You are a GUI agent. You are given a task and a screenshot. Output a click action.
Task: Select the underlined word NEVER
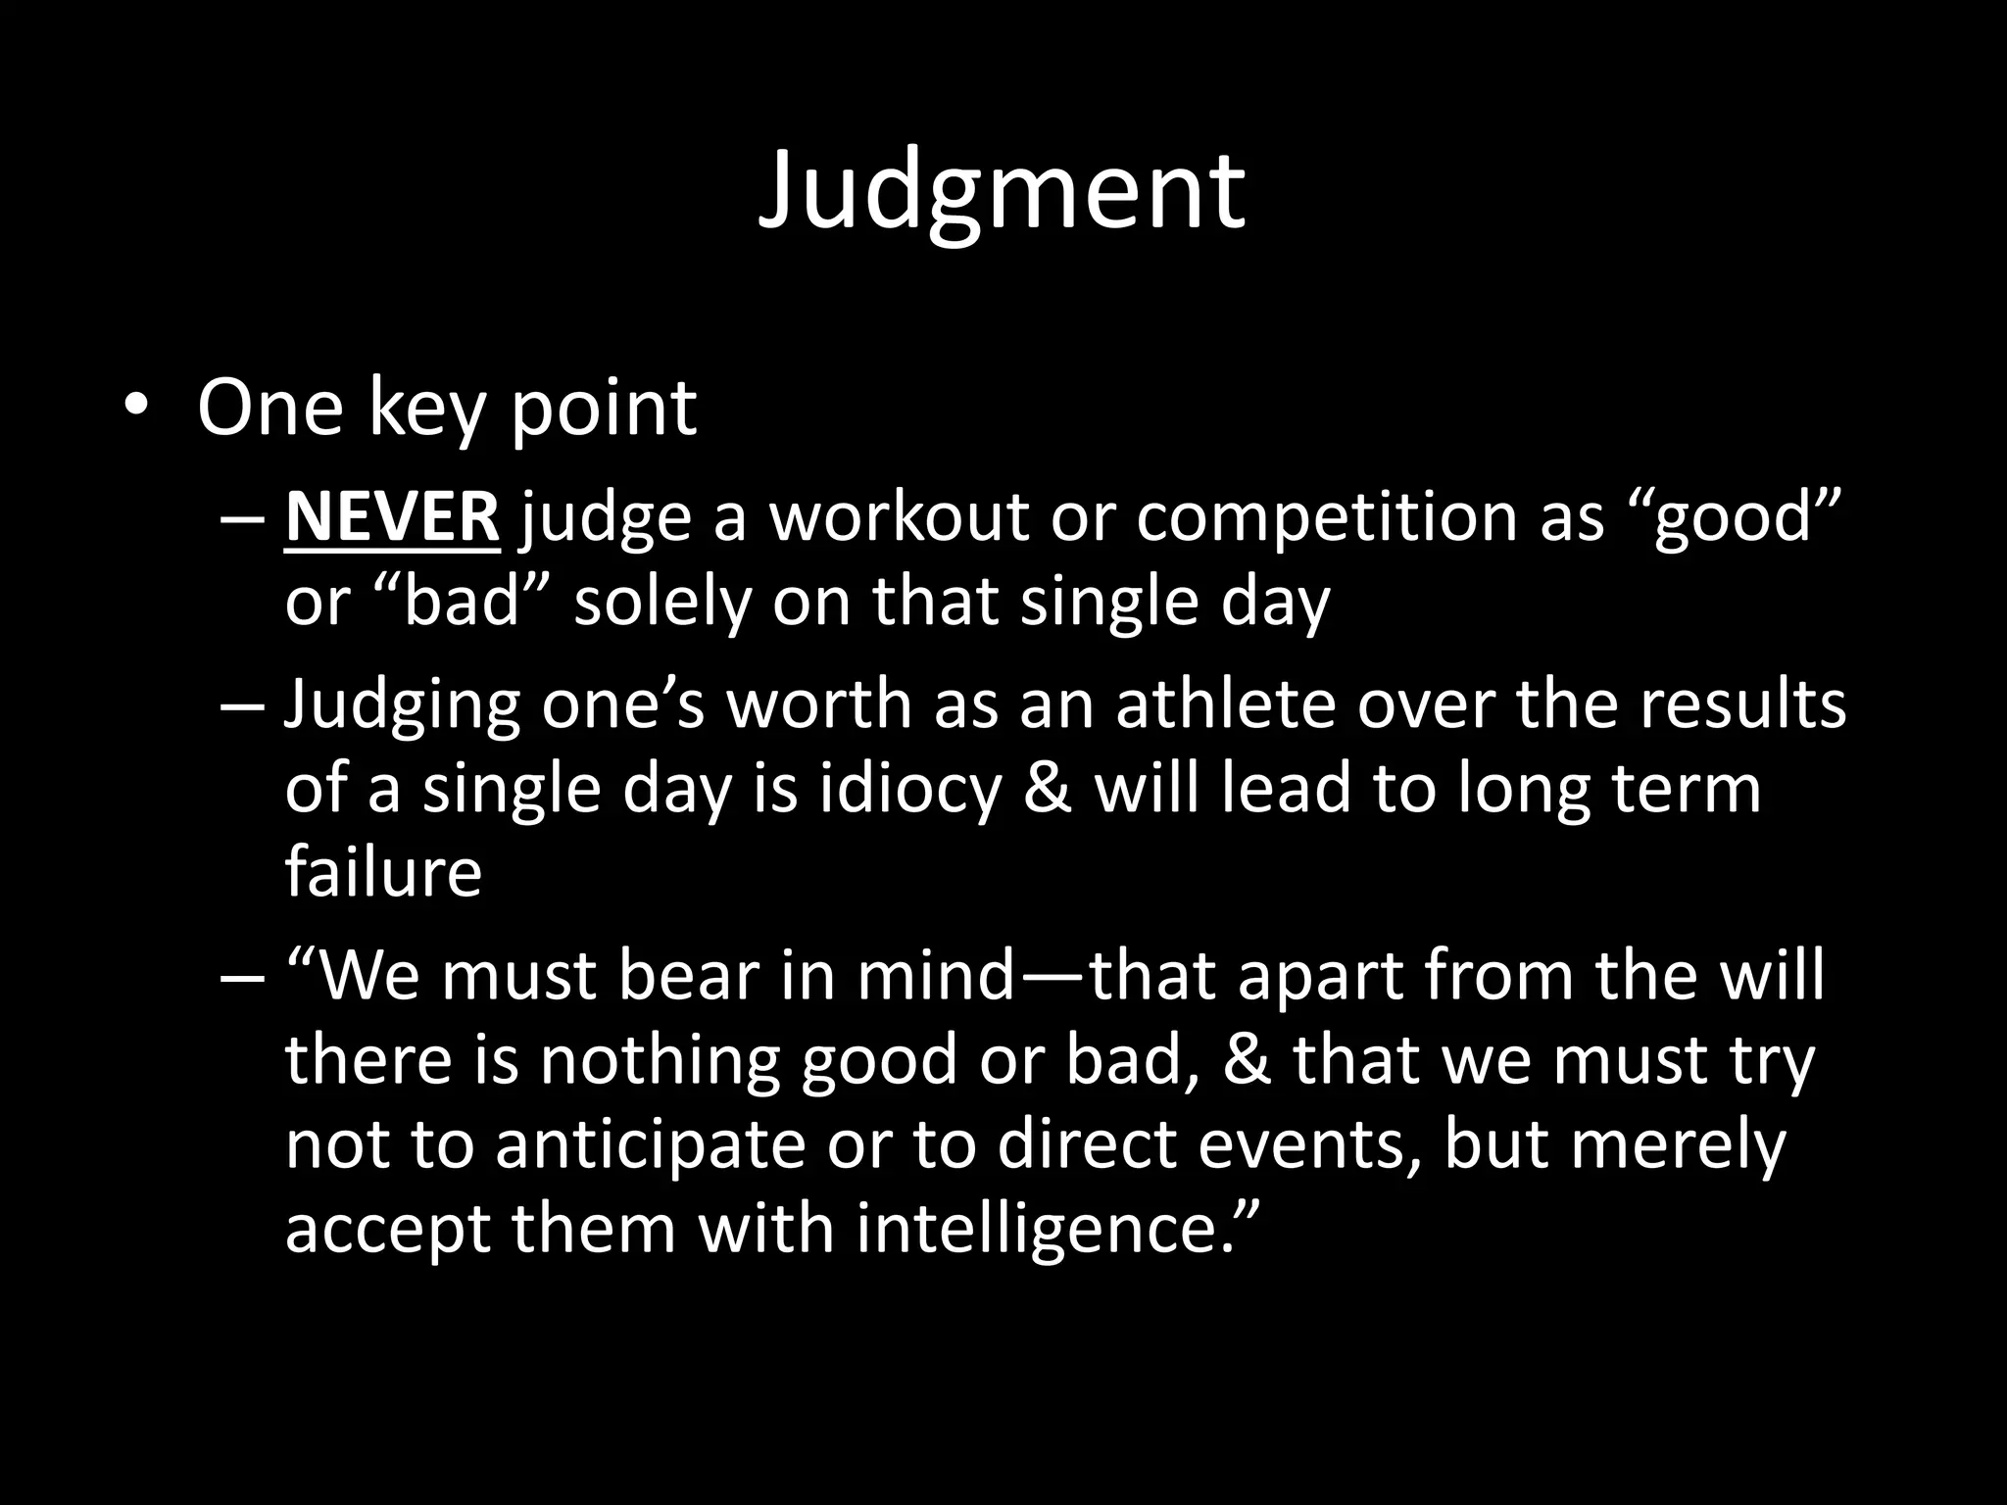tap(392, 517)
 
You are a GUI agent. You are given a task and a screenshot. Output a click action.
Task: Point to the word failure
tap(383, 871)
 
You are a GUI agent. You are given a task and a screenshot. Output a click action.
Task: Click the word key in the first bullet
tap(426, 408)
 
